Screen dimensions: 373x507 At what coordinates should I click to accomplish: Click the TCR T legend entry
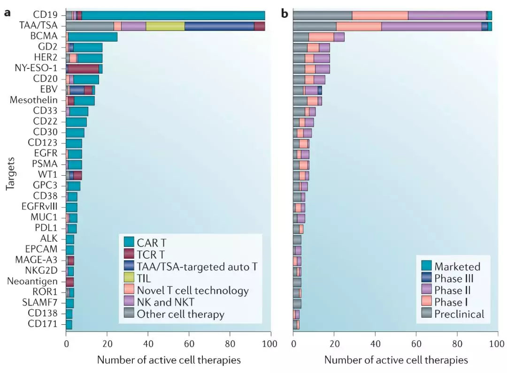point(152,254)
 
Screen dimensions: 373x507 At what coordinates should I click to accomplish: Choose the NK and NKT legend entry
point(167,303)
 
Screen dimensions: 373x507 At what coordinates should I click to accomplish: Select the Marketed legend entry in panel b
point(457,267)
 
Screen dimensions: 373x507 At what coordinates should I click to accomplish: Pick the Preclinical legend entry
point(459,314)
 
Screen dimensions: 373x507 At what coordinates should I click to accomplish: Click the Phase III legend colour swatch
point(426,278)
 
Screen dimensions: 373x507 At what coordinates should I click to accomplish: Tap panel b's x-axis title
point(396,360)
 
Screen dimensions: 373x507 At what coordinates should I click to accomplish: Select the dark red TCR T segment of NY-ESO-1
point(84,68)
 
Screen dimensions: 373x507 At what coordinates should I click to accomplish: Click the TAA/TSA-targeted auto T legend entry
point(197,267)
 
